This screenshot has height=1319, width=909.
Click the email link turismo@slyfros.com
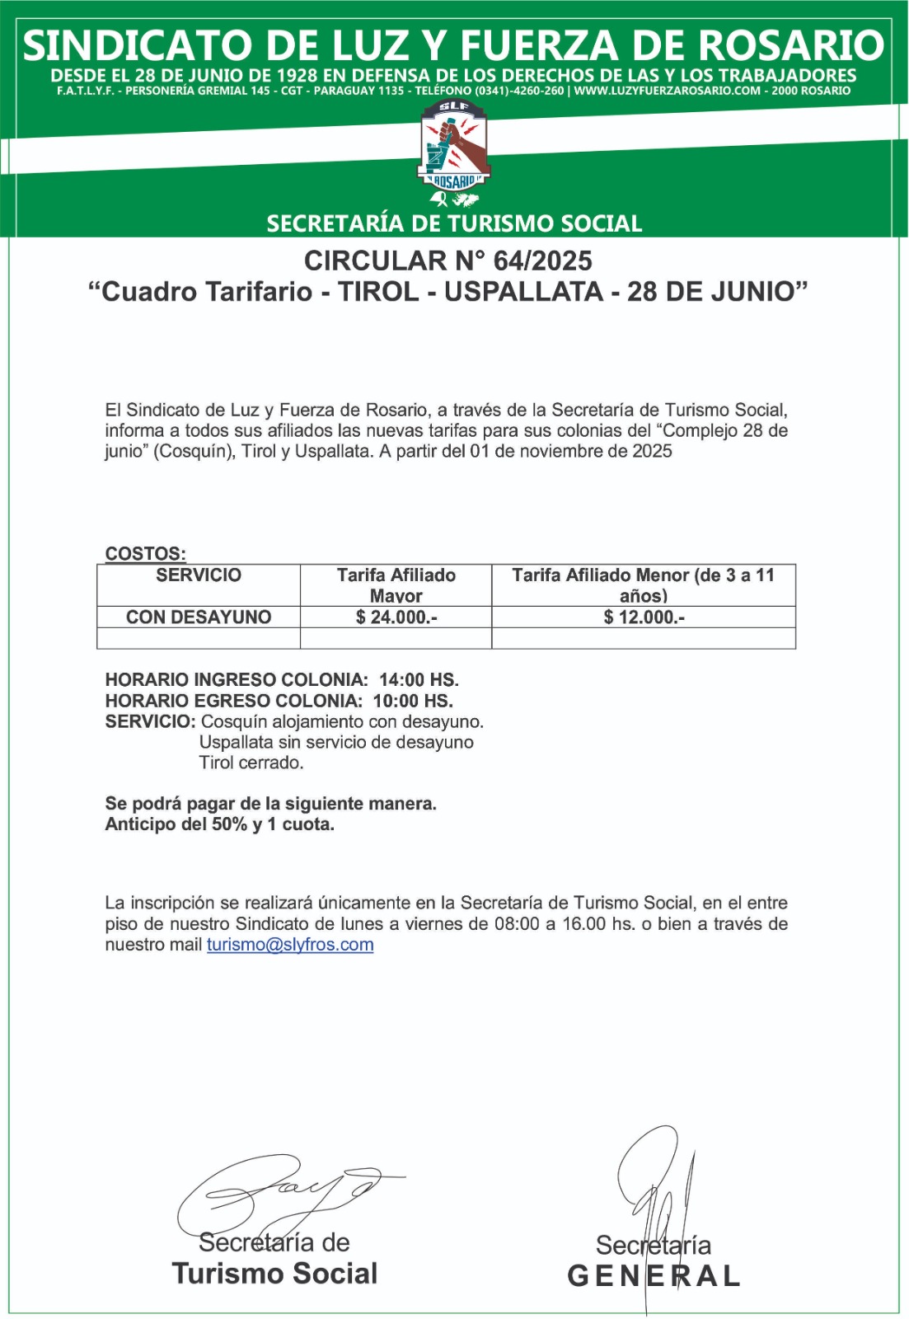pyautogui.click(x=290, y=945)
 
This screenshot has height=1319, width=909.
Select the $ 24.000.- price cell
pyautogui.click(x=396, y=617)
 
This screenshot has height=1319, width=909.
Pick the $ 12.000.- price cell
pyautogui.click(x=644, y=617)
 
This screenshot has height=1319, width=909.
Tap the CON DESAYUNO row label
pyautogui.click(x=199, y=617)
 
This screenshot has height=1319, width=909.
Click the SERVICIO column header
pyautogui.click(x=199, y=575)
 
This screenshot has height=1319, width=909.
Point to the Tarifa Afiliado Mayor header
pyautogui.click(x=396, y=585)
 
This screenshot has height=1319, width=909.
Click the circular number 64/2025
pyautogui.click(x=542, y=261)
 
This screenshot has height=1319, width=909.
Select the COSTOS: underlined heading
pyautogui.click(x=145, y=554)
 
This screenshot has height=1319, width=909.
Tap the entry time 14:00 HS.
pyautogui.click(x=419, y=680)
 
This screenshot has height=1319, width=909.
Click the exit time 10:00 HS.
pyautogui.click(x=413, y=701)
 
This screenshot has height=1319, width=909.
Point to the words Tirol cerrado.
pyautogui.click(x=251, y=763)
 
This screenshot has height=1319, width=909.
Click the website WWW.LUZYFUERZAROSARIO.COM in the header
pyautogui.click(x=667, y=91)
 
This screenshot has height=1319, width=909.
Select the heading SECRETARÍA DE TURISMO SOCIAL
pyautogui.click(x=454, y=223)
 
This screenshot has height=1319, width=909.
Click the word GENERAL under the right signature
pyautogui.click(x=654, y=1276)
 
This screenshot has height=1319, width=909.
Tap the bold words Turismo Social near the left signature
pyautogui.click(x=274, y=1274)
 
